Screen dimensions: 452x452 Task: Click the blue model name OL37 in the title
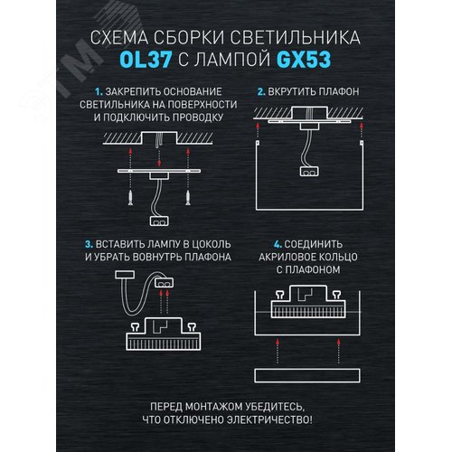click(x=144, y=61)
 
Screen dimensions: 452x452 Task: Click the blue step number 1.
click(x=99, y=92)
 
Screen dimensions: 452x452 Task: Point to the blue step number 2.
click(x=261, y=92)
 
